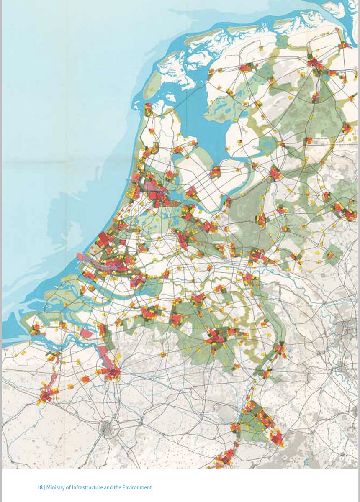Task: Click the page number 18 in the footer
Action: click(x=40, y=487)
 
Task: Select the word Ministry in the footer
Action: click(x=56, y=487)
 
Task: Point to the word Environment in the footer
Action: click(x=136, y=487)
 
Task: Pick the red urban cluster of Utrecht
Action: click(x=183, y=238)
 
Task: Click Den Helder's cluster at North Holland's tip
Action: click(x=148, y=110)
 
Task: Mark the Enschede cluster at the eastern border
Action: click(x=347, y=213)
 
